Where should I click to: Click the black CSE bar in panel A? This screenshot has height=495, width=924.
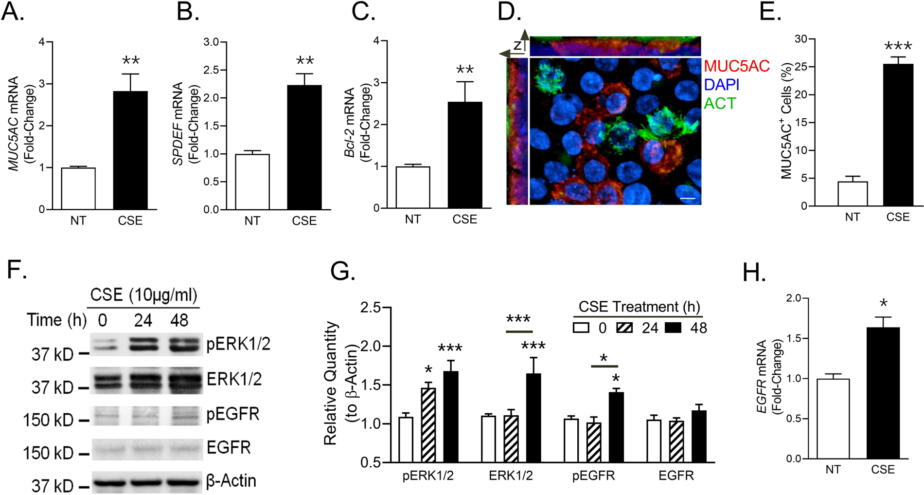pos(130,150)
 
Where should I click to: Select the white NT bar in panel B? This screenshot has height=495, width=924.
pos(252,182)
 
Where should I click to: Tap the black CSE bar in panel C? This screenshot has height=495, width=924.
pos(465,155)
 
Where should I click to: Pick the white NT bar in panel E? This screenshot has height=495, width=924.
pos(853,194)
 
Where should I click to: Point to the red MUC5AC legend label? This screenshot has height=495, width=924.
pos(737,66)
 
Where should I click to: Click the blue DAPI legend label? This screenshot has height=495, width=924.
pos(722,85)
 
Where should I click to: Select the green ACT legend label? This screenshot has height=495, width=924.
pos(720,104)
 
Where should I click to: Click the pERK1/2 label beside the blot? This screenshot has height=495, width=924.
pos(238,345)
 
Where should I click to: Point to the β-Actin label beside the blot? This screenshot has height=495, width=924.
pos(231,481)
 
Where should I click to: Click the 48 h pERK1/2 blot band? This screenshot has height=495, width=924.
pos(184,344)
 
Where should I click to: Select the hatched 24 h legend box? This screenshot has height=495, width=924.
pos(624,328)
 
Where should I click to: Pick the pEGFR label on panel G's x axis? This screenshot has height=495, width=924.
pos(593,476)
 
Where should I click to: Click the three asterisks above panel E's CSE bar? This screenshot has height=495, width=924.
pos(898,47)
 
